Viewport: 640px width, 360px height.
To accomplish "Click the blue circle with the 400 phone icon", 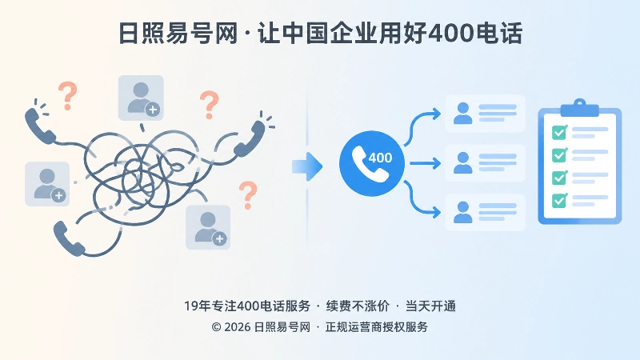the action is (372, 163).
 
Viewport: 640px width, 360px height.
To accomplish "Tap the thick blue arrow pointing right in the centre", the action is (307, 166).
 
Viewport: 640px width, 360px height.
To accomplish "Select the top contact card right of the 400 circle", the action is (485, 114).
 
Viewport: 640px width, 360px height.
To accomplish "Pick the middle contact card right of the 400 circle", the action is (485, 163).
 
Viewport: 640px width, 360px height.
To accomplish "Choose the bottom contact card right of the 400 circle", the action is (485, 212).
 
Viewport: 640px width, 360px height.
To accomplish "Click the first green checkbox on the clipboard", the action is (559, 132).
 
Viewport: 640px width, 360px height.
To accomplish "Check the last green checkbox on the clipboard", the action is (559, 201).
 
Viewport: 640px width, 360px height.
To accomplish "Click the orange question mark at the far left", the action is (68, 96).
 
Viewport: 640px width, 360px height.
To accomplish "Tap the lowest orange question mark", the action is (248, 195).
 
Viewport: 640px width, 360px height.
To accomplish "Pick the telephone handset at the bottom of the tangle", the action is (69, 238).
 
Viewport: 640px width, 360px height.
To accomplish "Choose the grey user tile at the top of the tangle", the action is (141, 98).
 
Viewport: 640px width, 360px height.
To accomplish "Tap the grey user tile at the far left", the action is (47, 184).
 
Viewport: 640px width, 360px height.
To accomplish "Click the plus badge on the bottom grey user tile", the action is (219, 238).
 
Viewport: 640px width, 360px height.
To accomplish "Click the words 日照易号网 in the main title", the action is (178, 33).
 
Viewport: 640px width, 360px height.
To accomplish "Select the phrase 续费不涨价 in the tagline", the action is (358, 306).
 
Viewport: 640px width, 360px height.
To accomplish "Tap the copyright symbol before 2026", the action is (216, 327).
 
